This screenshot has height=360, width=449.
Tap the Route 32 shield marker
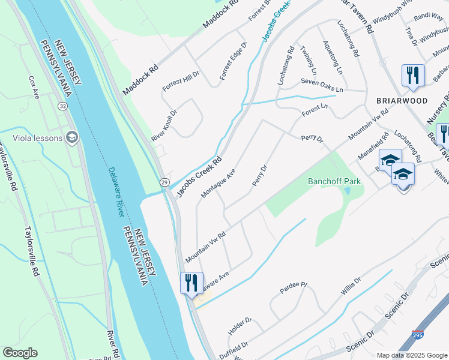click(x=62, y=106)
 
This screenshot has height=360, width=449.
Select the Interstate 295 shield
click(x=417, y=334)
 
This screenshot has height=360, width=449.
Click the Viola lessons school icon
click(x=72, y=137)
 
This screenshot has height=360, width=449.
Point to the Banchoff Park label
click(x=336, y=181)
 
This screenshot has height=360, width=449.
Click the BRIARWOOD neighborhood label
click(x=402, y=100)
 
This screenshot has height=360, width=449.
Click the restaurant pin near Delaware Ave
click(x=191, y=282)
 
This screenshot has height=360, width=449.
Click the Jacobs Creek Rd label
click(x=198, y=173)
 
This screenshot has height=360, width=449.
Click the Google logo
click(x=20, y=353)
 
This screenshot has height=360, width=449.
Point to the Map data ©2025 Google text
click(x=412, y=355)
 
